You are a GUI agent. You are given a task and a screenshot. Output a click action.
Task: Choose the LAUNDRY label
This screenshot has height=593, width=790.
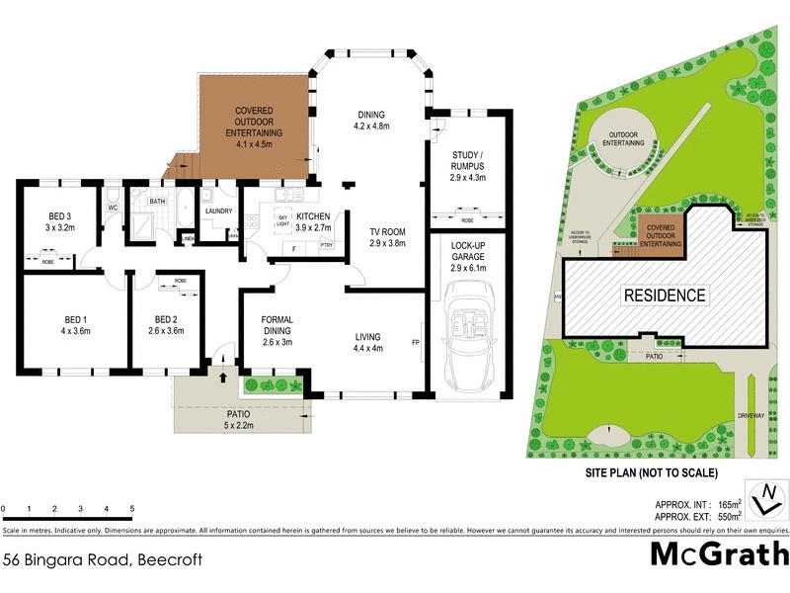coord(216,211)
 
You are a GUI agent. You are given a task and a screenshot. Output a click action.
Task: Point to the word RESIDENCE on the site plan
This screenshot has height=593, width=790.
coord(664,295)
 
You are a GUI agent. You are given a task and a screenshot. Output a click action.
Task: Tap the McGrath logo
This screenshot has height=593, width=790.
coord(719,553)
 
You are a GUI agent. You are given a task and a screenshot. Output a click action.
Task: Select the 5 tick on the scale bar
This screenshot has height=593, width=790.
coord(132,510)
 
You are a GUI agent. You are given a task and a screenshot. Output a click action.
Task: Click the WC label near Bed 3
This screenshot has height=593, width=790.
coord(113,209)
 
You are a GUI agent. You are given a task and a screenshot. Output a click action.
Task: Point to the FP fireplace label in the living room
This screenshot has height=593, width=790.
coord(416,343)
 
